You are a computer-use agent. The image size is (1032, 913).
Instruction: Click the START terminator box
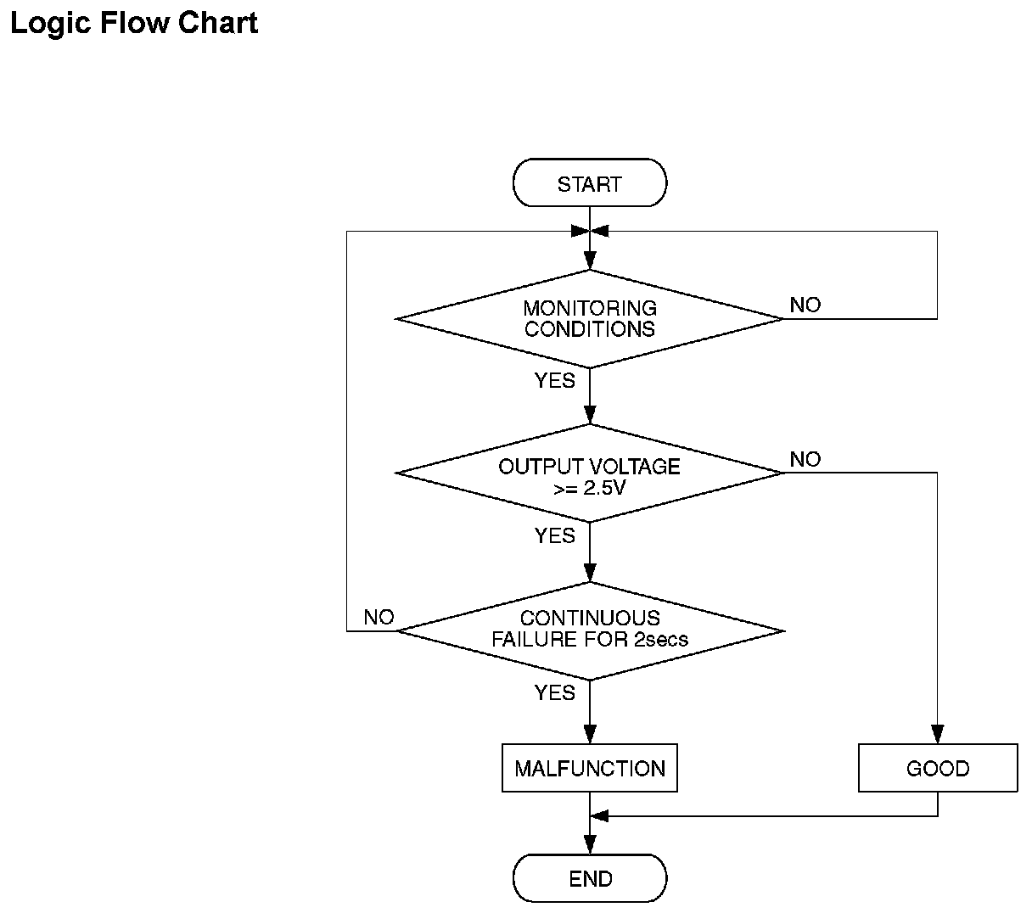[589, 182]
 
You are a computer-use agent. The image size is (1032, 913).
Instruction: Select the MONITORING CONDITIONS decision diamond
[589, 319]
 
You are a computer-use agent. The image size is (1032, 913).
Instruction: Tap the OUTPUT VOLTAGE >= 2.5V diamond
[589, 473]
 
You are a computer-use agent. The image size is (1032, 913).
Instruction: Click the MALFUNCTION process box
[589, 768]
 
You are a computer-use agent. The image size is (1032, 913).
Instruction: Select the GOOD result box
[938, 768]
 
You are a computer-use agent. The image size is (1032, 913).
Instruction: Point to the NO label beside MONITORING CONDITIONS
[805, 305]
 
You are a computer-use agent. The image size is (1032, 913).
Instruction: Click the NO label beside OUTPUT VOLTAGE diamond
[805, 459]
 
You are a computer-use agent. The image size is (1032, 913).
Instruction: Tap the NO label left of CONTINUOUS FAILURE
[379, 617]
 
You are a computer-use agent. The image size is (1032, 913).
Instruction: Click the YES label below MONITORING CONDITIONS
[555, 380]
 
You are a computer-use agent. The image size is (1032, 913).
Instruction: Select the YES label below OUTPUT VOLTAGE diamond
[555, 535]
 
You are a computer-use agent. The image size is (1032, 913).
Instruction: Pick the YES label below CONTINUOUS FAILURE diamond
[555, 692]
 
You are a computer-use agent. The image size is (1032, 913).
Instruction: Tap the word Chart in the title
[218, 23]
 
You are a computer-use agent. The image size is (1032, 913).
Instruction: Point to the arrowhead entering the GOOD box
[937, 734]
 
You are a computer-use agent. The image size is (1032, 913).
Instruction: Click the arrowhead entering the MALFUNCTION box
[590, 734]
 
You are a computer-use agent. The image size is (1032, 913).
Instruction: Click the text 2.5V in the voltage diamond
[604, 488]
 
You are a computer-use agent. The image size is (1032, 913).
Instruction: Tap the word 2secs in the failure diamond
[661, 639]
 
